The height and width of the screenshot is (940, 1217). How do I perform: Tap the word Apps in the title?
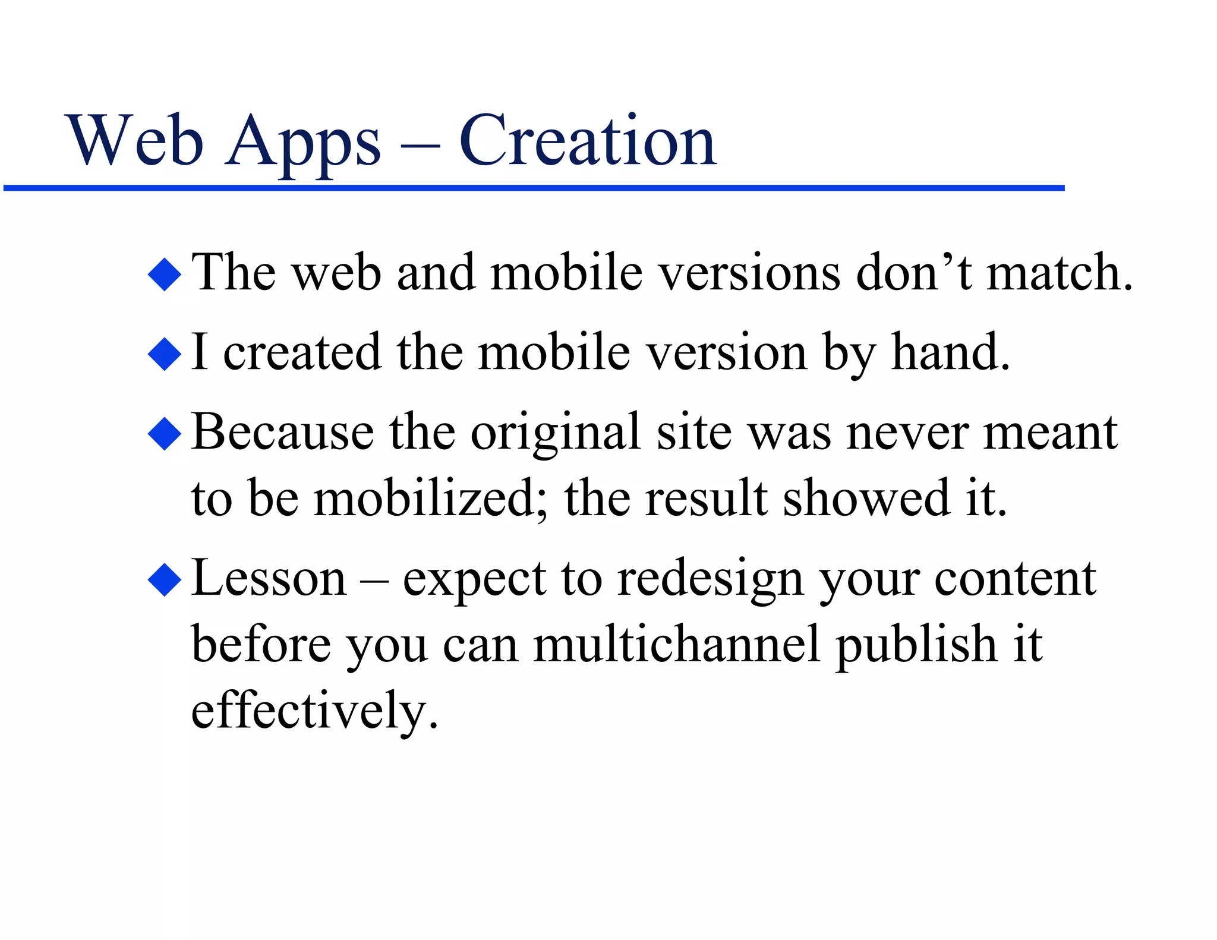pos(303,143)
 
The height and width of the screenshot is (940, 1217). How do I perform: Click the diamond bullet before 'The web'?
pos(165,275)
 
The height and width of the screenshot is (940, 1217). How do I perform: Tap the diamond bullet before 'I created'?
pos(165,354)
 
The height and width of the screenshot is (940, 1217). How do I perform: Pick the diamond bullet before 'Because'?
pos(165,434)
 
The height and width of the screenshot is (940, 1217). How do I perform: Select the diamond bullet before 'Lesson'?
pos(165,580)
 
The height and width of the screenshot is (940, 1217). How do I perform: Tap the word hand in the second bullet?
pos(949,353)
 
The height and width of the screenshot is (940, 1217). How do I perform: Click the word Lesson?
pos(269,579)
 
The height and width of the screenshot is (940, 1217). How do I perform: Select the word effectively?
pos(314,712)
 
